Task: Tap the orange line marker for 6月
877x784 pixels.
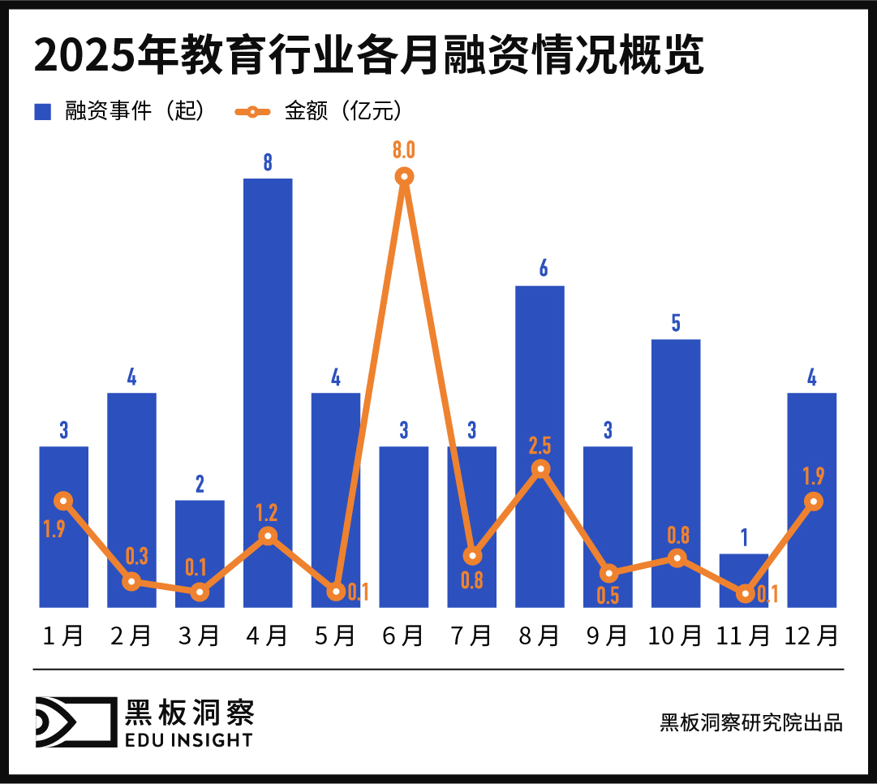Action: tap(404, 176)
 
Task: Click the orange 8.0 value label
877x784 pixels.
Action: tap(404, 150)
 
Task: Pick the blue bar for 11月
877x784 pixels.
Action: tap(744, 579)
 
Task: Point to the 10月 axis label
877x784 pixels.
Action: tap(676, 635)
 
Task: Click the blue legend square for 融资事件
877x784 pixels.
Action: tap(42, 111)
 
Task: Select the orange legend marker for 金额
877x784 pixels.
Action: tap(252, 111)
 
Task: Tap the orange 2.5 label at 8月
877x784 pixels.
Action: tap(540, 446)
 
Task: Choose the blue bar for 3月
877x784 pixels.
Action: tap(200, 552)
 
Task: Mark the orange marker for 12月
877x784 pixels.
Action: tap(812, 502)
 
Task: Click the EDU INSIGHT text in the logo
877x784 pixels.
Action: tap(188, 739)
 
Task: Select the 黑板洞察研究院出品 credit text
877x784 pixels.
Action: tap(751, 722)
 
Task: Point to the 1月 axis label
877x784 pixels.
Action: tap(63, 635)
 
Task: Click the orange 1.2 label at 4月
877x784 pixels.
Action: tap(267, 513)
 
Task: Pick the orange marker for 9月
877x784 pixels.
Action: tap(608, 573)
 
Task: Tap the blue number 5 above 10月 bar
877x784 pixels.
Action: tap(676, 322)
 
